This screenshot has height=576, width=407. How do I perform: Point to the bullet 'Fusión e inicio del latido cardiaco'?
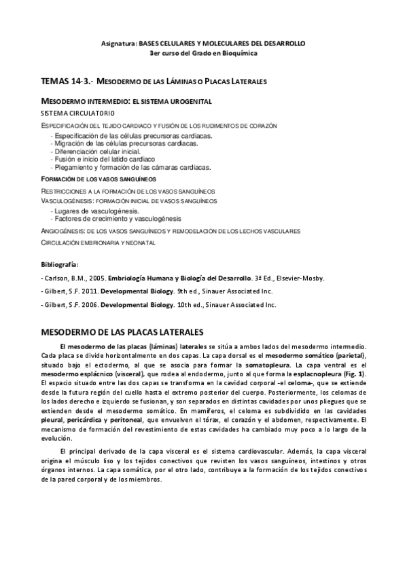111,159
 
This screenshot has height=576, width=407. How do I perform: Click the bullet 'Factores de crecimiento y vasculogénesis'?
118,219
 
